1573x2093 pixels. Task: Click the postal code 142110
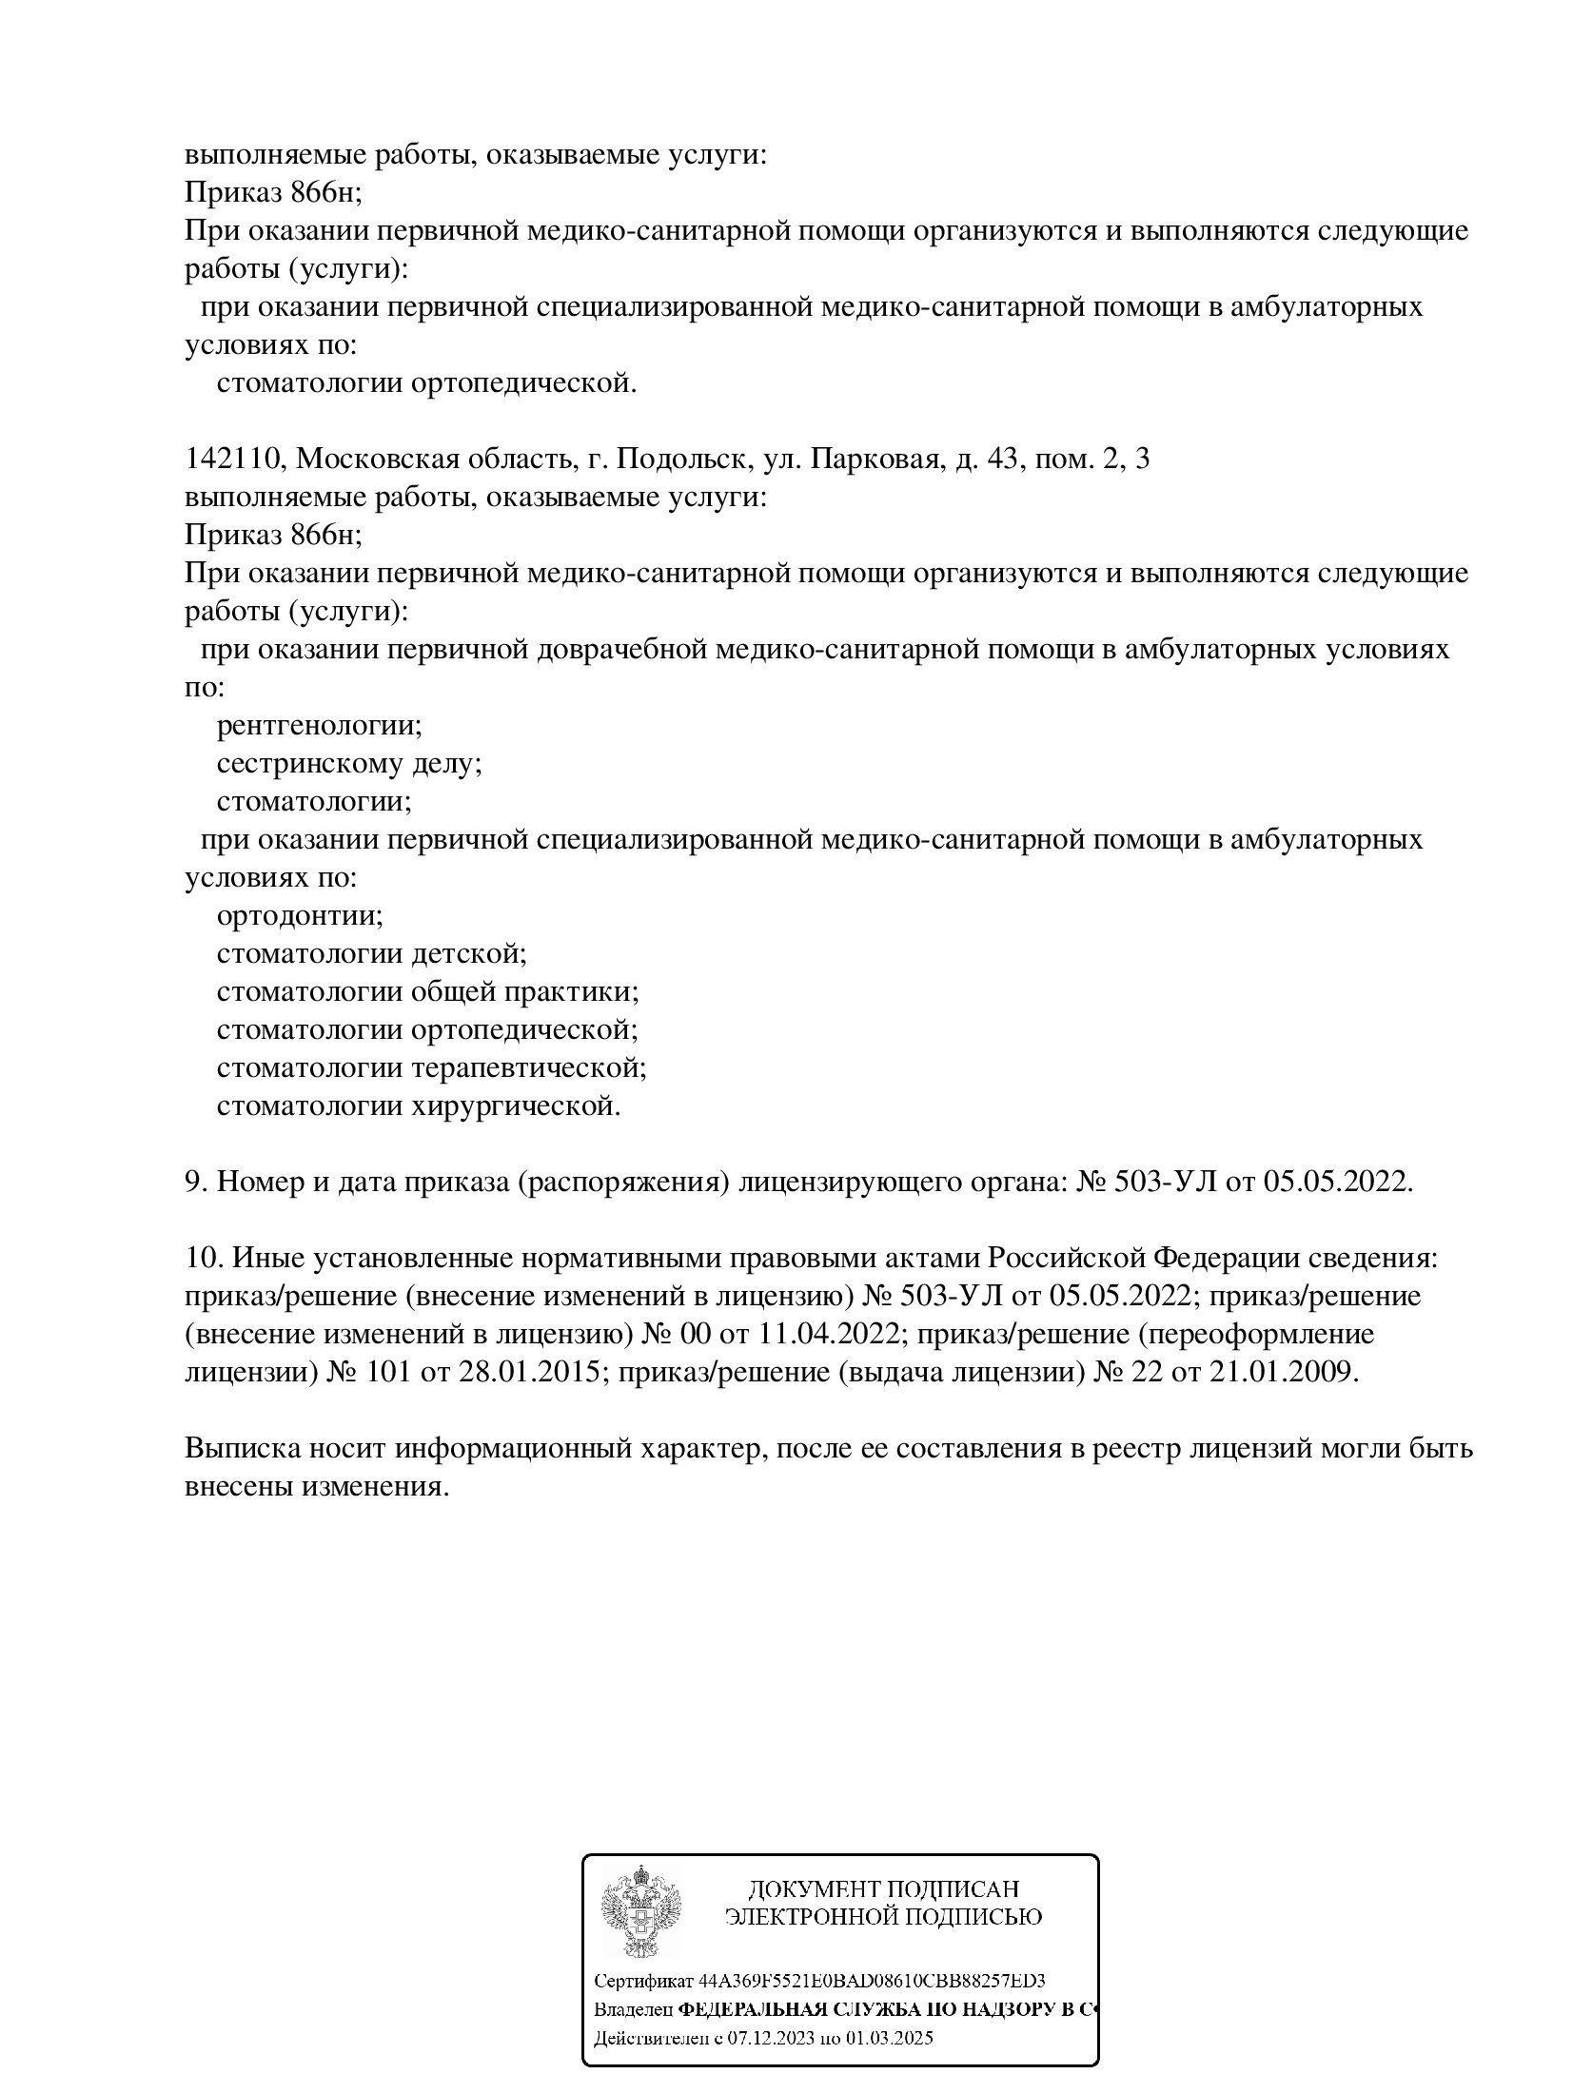coord(232,460)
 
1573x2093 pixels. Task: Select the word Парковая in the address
coord(874,460)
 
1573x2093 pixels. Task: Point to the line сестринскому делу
coord(349,765)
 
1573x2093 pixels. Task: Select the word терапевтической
coord(529,1069)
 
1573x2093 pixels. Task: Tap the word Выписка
coord(237,1450)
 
